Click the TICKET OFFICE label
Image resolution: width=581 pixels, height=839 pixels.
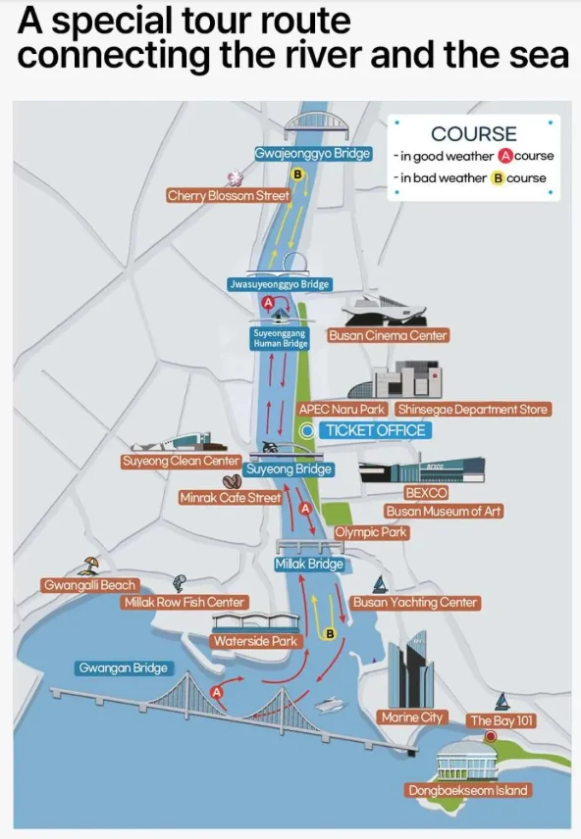point(375,430)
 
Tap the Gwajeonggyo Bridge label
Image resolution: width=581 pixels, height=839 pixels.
point(313,154)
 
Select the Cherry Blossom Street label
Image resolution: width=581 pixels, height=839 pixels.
point(229,196)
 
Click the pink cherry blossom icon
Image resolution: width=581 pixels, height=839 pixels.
point(235,177)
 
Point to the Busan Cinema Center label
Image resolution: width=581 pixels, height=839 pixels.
point(388,335)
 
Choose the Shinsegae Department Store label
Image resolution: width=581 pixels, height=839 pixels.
point(473,410)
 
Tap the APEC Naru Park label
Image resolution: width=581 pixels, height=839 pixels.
point(342,410)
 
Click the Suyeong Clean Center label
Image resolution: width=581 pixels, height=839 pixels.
point(181,462)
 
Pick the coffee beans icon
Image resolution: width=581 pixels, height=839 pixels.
point(232,482)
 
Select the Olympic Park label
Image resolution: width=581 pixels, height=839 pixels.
point(371,532)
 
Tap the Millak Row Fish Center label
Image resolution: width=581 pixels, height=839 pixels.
point(184,603)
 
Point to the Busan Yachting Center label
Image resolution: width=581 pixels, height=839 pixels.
point(415,603)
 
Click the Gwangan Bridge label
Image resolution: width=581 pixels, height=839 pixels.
point(124,667)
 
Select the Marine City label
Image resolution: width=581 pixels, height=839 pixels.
point(411,717)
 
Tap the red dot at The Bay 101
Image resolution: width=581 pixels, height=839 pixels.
point(491,737)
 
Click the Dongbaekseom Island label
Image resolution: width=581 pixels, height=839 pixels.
point(468,790)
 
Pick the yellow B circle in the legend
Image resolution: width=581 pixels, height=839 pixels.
point(498,178)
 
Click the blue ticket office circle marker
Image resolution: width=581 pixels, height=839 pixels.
point(307,430)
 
